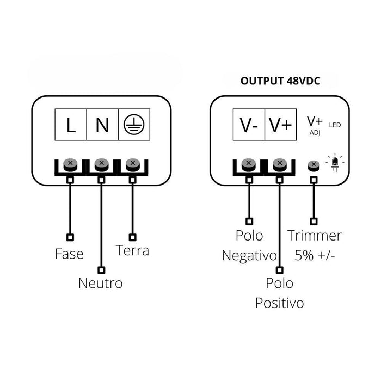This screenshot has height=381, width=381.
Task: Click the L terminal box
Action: (x=71, y=126)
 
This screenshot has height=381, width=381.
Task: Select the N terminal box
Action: (x=102, y=126)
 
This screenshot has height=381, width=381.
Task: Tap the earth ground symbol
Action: (x=133, y=126)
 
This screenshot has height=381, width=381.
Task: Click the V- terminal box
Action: (x=249, y=126)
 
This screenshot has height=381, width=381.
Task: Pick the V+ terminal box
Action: (x=280, y=126)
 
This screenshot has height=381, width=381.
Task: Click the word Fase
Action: (x=69, y=254)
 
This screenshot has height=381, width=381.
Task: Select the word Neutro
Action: (x=100, y=284)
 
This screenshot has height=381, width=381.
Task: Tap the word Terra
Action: (x=132, y=250)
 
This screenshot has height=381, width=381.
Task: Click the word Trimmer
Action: (x=315, y=236)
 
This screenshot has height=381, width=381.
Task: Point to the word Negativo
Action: (x=249, y=255)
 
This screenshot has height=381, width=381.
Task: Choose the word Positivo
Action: (x=279, y=303)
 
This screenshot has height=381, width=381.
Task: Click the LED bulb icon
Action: (x=335, y=163)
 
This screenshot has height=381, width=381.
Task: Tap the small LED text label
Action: (x=335, y=125)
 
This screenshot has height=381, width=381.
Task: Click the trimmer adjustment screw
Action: (x=313, y=165)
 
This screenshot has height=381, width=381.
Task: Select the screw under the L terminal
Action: (x=70, y=163)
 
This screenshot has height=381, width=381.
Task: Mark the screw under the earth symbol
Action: (x=132, y=163)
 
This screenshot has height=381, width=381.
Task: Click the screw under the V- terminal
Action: (x=249, y=163)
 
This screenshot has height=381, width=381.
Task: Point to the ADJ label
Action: (x=315, y=132)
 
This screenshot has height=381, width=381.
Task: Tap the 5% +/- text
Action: (x=314, y=255)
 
